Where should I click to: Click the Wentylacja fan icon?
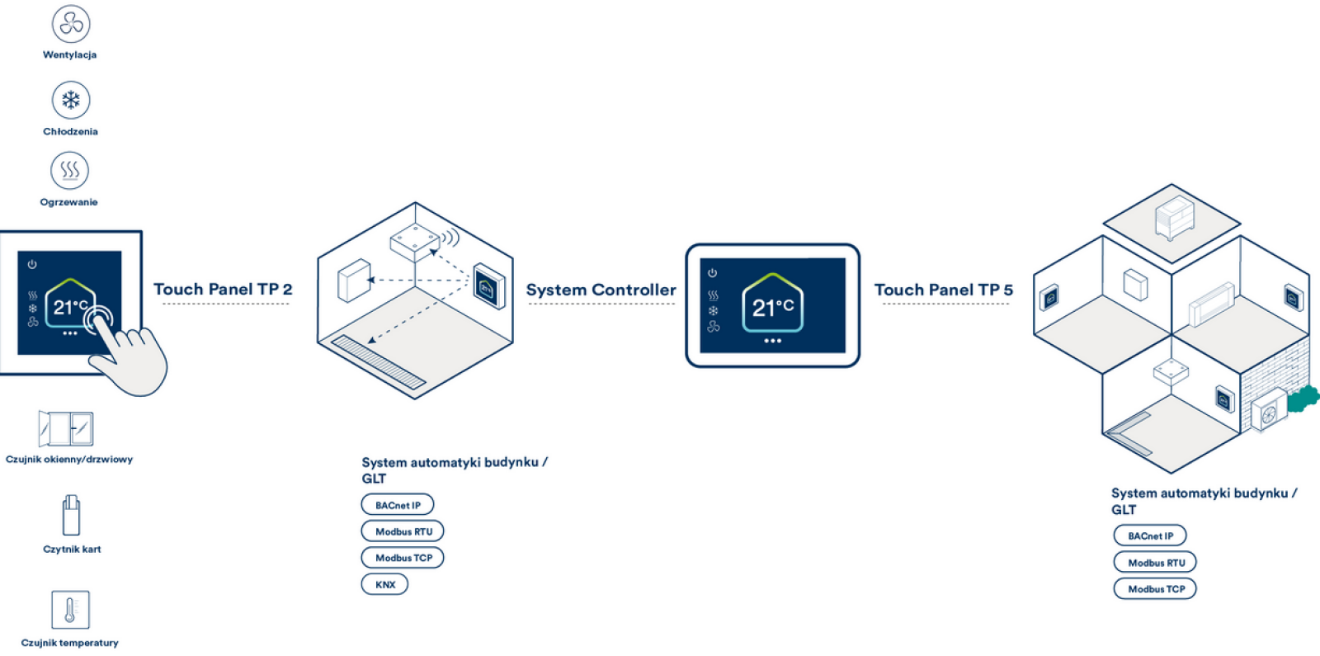click(x=71, y=24)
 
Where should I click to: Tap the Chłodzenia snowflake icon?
click(x=71, y=101)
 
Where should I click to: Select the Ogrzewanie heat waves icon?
click(x=70, y=171)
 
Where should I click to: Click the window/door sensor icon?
click(x=66, y=429)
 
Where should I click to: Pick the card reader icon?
click(x=71, y=516)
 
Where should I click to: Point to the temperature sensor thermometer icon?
click(x=70, y=611)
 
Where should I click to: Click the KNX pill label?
click(x=384, y=584)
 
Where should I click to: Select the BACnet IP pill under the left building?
click(x=398, y=505)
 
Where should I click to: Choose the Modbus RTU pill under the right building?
click(x=1156, y=563)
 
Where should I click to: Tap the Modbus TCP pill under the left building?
click(x=403, y=558)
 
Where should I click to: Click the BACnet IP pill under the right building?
click(x=1150, y=536)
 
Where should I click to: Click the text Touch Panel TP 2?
click(x=223, y=290)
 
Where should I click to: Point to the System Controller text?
click(x=601, y=290)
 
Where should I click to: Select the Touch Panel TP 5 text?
click(x=944, y=290)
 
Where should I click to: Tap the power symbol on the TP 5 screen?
click(x=713, y=273)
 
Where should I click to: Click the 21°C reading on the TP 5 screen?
click(x=772, y=308)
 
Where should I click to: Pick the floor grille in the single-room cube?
click(x=378, y=361)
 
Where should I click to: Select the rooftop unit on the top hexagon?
click(x=1175, y=216)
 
